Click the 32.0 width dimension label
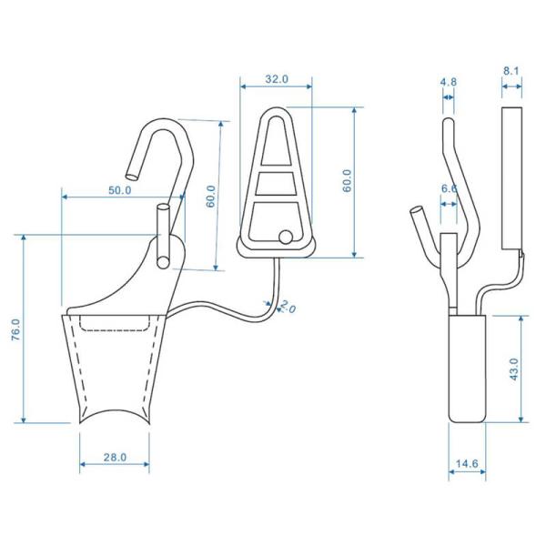(x=277, y=79)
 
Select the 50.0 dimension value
(x=119, y=190)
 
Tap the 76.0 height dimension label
(x=15, y=329)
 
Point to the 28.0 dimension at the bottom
(x=115, y=458)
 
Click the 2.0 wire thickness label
(x=287, y=308)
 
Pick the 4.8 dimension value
(x=448, y=82)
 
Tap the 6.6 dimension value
(x=449, y=188)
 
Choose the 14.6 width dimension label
(x=467, y=465)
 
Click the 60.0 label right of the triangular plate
(x=347, y=183)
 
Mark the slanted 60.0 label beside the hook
(x=211, y=195)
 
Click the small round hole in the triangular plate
(x=287, y=237)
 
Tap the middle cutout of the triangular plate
(x=276, y=184)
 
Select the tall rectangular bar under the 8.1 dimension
(x=511, y=177)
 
